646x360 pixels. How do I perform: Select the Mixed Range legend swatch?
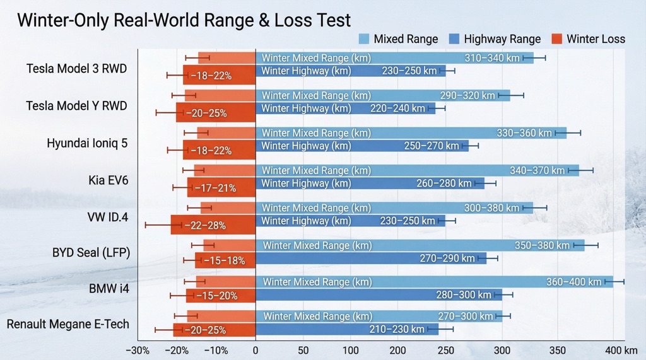(x=365, y=39)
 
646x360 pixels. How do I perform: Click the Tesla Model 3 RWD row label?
(x=77, y=68)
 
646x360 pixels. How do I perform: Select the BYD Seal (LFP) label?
(x=91, y=253)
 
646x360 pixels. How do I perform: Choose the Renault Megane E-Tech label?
(x=68, y=324)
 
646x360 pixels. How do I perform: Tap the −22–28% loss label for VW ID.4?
(x=205, y=225)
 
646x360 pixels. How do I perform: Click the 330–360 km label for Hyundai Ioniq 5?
(x=524, y=133)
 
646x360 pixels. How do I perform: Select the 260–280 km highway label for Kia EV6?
(x=443, y=183)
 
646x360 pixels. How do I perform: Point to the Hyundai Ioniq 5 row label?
(x=87, y=143)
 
